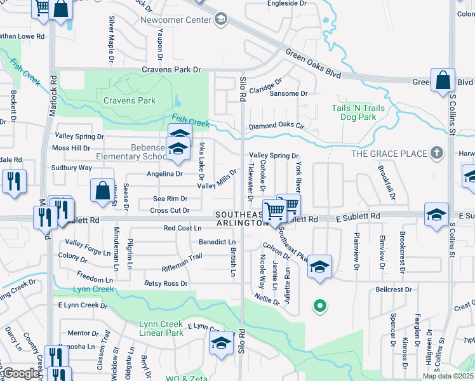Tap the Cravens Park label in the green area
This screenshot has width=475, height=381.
click(130, 100)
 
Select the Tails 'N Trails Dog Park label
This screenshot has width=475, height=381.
click(358, 112)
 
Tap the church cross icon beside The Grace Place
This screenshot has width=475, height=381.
click(436, 153)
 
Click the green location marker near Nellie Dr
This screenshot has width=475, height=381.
click(320, 307)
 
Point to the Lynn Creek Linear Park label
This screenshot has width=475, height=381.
click(161, 328)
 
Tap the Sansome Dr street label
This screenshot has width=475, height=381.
click(288, 93)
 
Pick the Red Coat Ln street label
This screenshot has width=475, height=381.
click(182, 228)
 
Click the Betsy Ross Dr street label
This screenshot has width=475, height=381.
click(166, 283)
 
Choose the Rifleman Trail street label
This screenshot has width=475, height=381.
click(182, 257)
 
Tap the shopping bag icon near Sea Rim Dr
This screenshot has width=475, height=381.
click(102, 191)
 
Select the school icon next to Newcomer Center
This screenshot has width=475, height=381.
click(220, 20)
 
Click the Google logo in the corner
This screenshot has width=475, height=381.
click(21, 373)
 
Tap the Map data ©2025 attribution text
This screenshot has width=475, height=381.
click(447, 376)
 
